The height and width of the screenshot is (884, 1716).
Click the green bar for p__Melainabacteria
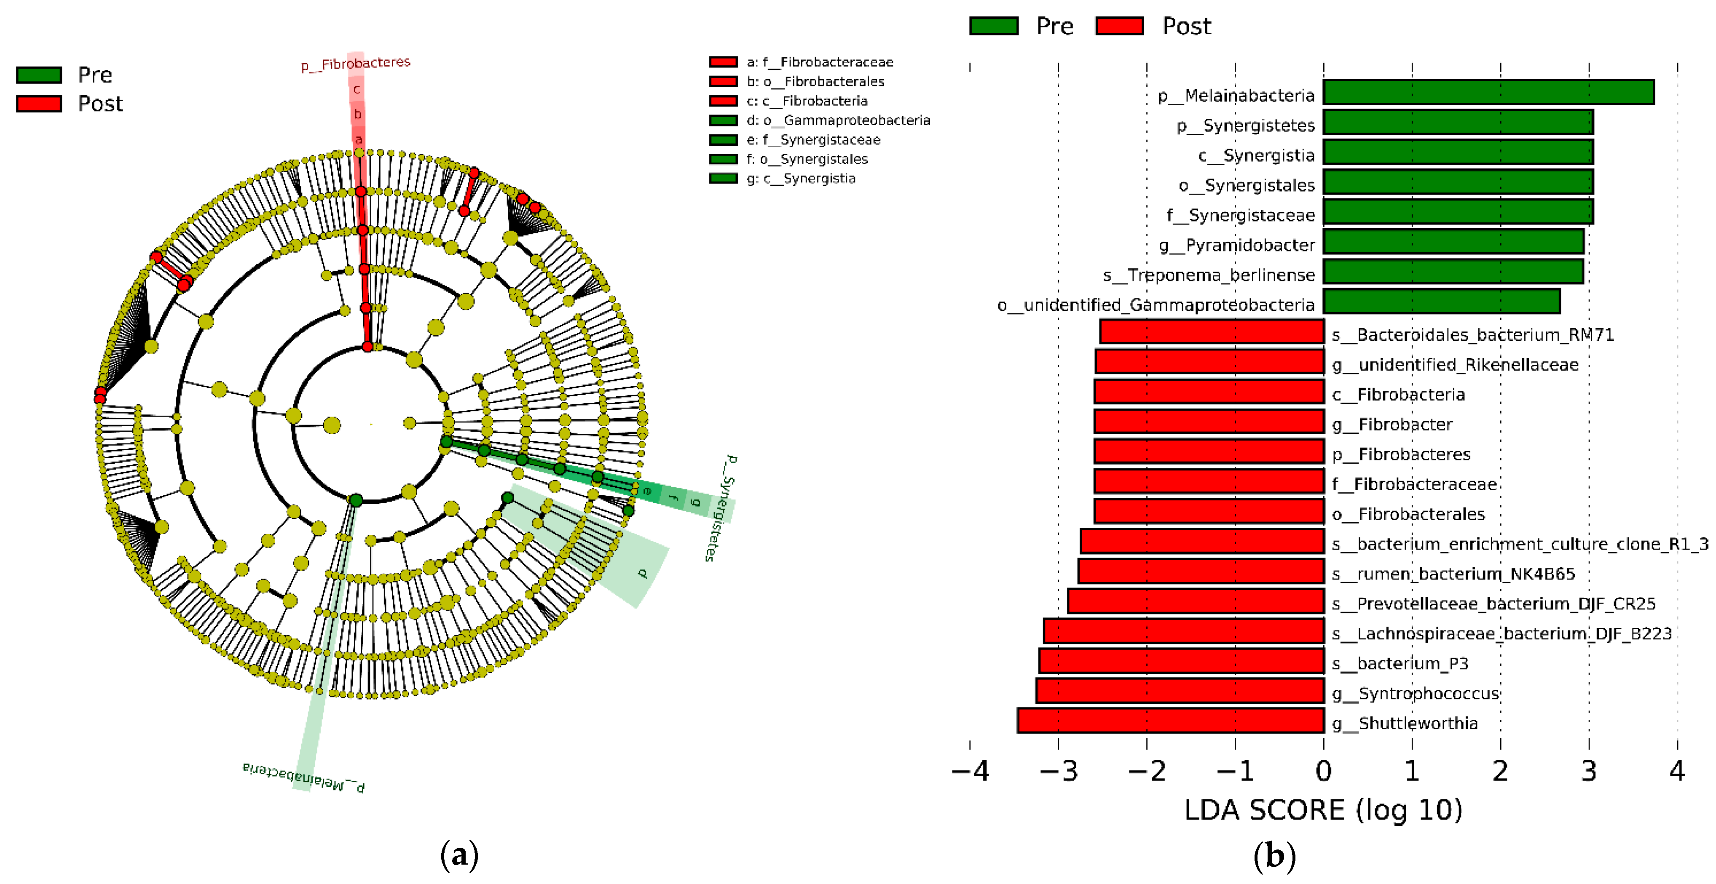(1488, 93)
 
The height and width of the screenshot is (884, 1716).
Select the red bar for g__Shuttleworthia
(1170, 721)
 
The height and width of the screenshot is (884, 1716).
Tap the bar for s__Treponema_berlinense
(1453, 272)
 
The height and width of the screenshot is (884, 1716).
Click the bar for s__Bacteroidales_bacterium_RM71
(1212, 331)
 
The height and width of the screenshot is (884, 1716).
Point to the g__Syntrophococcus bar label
(1415, 694)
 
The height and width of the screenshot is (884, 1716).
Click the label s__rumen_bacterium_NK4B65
(1453, 574)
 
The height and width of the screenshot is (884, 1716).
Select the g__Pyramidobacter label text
(1237, 245)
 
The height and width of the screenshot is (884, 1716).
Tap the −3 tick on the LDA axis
(1059, 771)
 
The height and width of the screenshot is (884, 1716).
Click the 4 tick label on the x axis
(1677, 771)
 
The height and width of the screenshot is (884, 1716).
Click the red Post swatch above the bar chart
(1119, 26)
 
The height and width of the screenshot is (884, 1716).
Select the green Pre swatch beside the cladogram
(39, 75)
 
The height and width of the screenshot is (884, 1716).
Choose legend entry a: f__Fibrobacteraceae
(819, 62)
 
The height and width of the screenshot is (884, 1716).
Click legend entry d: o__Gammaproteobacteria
(838, 120)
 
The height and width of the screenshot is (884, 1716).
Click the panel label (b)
(1274, 855)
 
